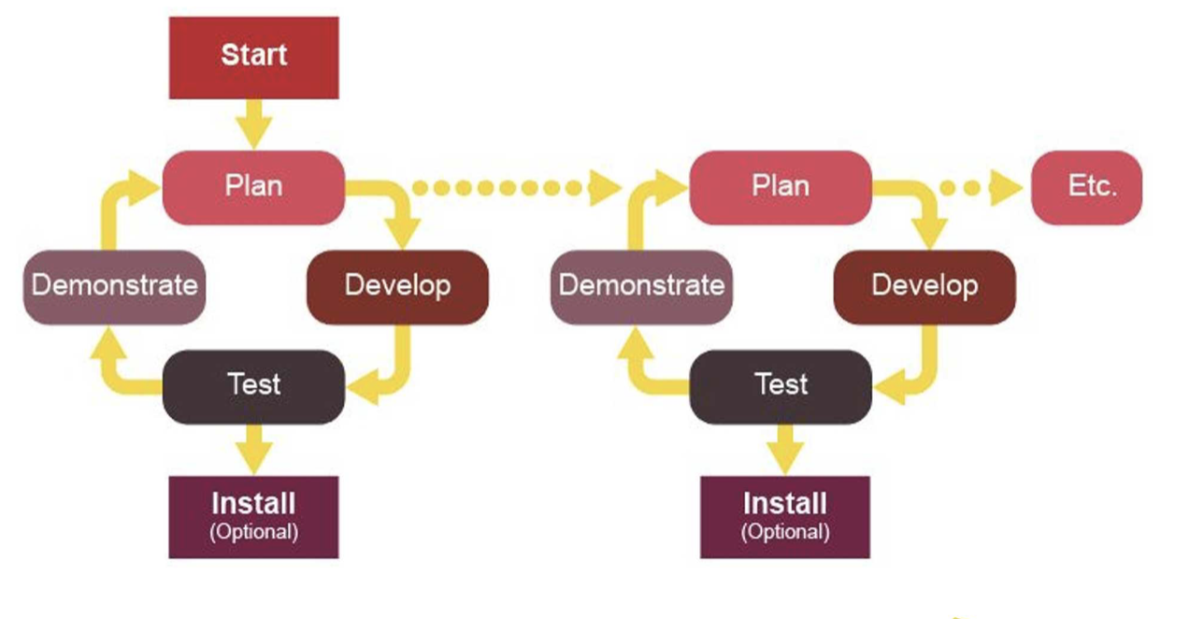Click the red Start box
(x=253, y=57)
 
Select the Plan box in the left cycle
(x=253, y=187)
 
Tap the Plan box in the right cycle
(x=781, y=187)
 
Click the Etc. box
(x=1086, y=187)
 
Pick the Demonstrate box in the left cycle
(x=115, y=287)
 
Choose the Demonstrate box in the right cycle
(x=641, y=287)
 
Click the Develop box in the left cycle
(x=397, y=287)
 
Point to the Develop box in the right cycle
(x=924, y=287)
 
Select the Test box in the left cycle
(x=253, y=387)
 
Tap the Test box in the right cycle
(x=781, y=387)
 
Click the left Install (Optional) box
(x=253, y=517)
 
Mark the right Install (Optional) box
(x=785, y=517)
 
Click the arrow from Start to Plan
(x=253, y=124)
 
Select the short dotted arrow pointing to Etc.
(x=981, y=187)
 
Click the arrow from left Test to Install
(x=253, y=450)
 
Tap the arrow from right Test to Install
(x=785, y=450)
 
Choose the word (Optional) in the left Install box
(x=253, y=532)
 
